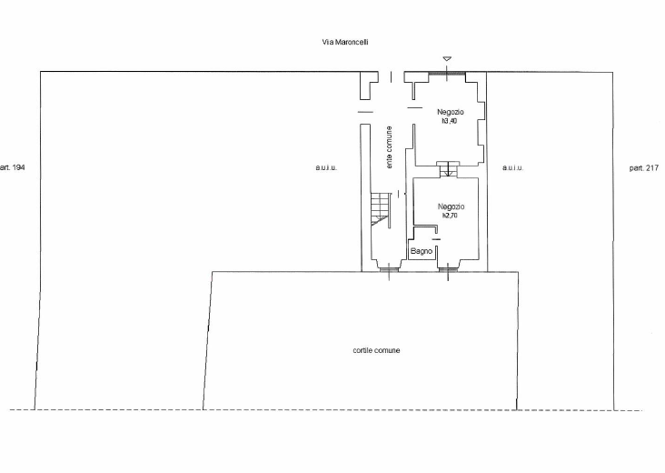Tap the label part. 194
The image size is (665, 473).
click(x=18, y=168)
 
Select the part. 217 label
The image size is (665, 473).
click(x=643, y=168)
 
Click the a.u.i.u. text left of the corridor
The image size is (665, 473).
click(x=326, y=168)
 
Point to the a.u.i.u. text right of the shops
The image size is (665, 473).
click(x=513, y=168)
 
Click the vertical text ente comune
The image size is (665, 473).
click(x=390, y=146)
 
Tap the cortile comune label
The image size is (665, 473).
click(x=376, y=350)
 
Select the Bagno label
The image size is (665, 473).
click(x=420, y=250)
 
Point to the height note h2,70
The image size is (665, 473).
click(x=451, y=216)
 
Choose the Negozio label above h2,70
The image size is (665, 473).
click(x=451, y=206)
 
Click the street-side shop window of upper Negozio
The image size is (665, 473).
click(x=445, y=72)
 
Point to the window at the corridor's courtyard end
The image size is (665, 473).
click(x=388, y=270)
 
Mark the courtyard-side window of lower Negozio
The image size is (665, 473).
click(x=448, y=270)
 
